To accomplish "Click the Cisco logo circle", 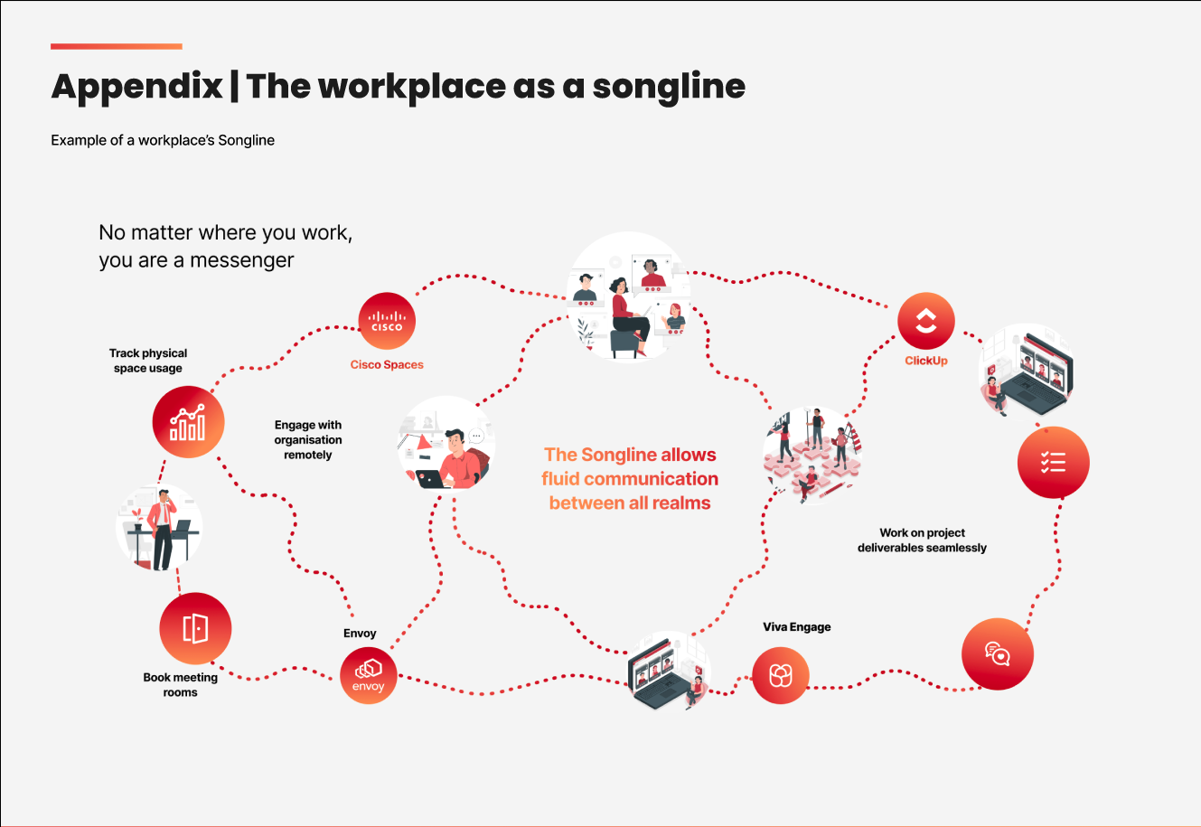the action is [387, 321].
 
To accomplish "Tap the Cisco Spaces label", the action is [387, 365].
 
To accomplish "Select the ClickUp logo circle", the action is [926, 321].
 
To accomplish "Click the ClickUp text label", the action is [926, 361].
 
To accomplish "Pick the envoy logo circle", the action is [369, 675].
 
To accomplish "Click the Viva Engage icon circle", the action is [781, 675].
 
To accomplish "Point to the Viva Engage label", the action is [796, 627].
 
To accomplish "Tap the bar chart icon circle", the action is [188, 422].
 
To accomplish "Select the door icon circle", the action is [195, 628].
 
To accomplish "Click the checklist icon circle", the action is [1053, 462].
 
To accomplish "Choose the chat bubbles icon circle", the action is [997, 653].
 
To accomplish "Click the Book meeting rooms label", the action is [180, 685].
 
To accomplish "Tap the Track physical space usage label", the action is [148, 361].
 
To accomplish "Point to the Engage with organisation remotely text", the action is [308, 440].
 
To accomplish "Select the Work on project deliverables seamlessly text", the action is [922, 540].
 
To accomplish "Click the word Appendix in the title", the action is [137, 87].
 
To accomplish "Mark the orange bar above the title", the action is [117, 46].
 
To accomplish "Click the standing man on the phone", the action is [161, 530].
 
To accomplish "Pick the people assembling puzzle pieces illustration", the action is [812, 452].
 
